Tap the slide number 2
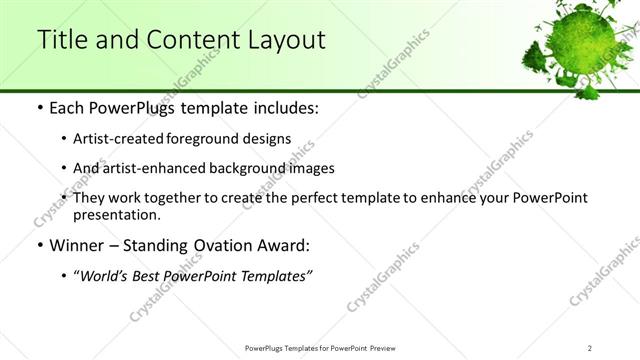click(x=590, y=348)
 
